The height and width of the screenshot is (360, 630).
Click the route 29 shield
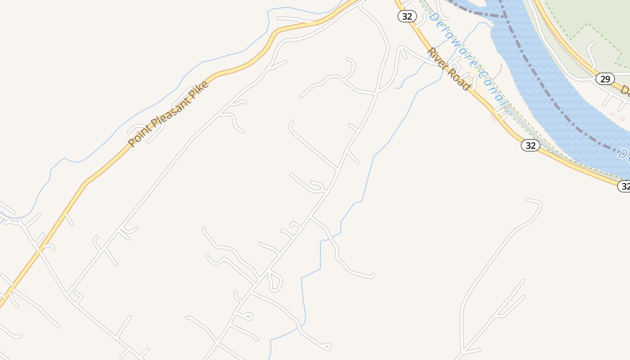click(605, 79)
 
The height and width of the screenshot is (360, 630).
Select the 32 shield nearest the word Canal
click(531, 145)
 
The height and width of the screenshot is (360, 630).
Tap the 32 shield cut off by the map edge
click(624, 186)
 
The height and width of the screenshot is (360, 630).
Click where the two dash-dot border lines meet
click(502, 17)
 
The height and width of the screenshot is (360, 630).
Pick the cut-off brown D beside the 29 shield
click(625, 90)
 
